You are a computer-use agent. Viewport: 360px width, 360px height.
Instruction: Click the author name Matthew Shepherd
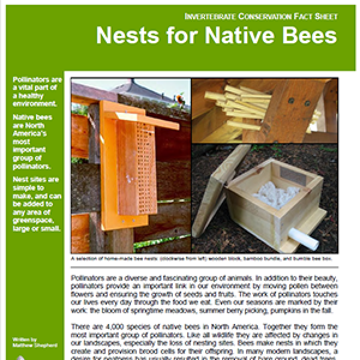pos(34,345)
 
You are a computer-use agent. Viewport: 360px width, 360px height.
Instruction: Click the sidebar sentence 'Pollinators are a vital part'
pos(36,91)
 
